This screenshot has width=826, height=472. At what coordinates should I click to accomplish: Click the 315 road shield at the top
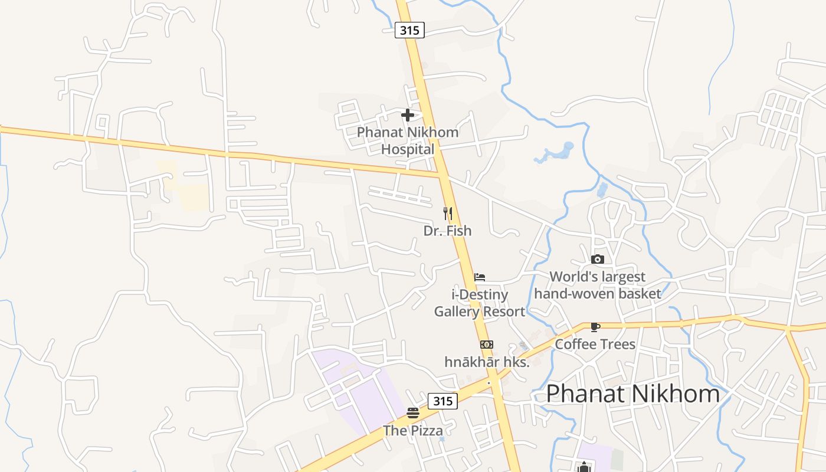[409, 30]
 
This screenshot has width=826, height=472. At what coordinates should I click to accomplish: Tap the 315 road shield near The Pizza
[442, 401]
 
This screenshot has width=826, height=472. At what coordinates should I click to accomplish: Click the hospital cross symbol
[407, 115]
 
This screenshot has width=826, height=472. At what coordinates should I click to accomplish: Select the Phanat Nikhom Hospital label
[407, 140]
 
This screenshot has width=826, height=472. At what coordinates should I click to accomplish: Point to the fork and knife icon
[448, 214]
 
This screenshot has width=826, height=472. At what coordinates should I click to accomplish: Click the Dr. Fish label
[448, 231]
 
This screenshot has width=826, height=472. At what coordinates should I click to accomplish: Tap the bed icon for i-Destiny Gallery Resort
[480, 277]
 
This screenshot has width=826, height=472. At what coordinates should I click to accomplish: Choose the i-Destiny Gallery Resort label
[480, 303]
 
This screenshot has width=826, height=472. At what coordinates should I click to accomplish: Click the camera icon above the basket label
[598, 259]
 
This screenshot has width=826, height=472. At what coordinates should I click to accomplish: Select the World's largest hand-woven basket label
[598, 285]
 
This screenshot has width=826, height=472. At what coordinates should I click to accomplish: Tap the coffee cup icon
[595, 327]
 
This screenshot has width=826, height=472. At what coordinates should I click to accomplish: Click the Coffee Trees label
[595, 344]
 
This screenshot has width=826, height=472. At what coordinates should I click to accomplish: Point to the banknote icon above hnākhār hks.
[486, 345]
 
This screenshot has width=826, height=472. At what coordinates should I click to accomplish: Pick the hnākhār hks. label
[487, 362]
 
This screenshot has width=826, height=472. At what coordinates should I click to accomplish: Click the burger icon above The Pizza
[413, 413]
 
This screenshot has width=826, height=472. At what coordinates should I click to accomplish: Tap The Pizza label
[413, 431]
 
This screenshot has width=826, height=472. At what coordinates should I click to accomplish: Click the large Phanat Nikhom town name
[633, 394]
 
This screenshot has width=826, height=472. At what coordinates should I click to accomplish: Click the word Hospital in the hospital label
[407, 149]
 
